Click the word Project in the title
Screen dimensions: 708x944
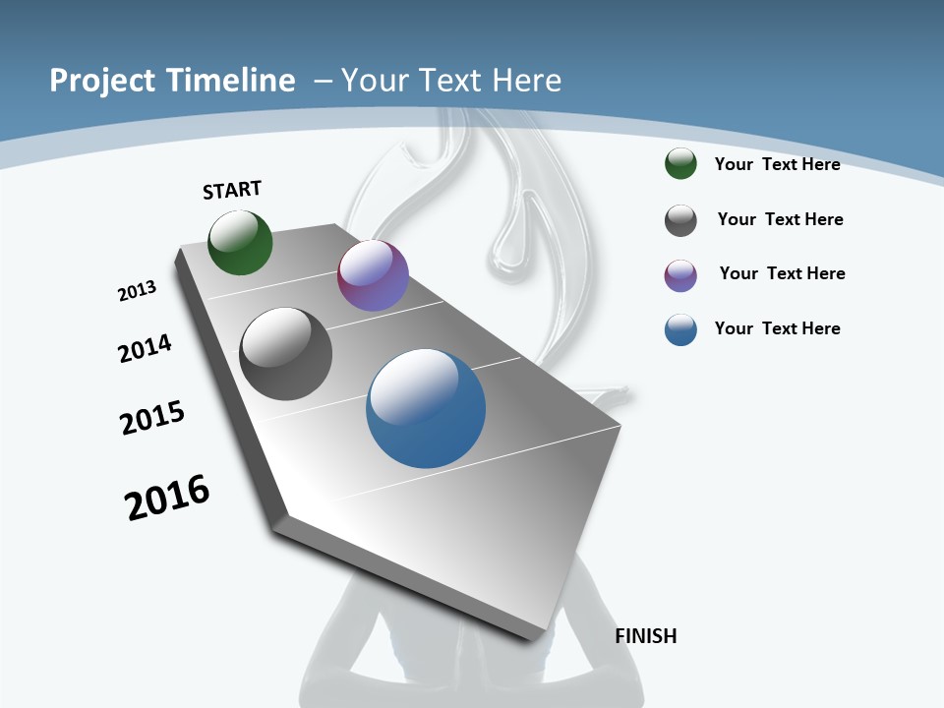tap(97, 81)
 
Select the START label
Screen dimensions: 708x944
tap(232, 190)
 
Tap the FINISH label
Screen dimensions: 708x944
tap(646, 636)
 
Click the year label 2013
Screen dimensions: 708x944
tap(137, 291)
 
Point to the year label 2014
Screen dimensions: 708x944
tap(145, 348)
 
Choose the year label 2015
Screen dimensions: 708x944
tap(152, 418)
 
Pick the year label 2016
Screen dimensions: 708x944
tap(167, 498)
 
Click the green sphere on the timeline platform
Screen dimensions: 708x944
tap(240, 243)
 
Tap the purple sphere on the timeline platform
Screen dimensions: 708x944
tap(373, 276)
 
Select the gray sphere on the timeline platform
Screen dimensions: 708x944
tap(285, 354)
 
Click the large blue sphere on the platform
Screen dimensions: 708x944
tap(426, 408)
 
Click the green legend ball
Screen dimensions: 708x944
tap(680, 164)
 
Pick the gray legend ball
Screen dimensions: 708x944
tap(680, 220)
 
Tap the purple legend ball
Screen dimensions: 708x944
tap(680, 275)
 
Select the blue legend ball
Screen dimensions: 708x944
tap(680, 329)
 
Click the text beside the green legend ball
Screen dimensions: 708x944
tap(777, 164)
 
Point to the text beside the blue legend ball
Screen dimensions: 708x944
tap(777, 328)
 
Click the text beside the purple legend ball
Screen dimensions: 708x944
tap(782, 273)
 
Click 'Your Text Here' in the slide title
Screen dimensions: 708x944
tap(451, 81)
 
